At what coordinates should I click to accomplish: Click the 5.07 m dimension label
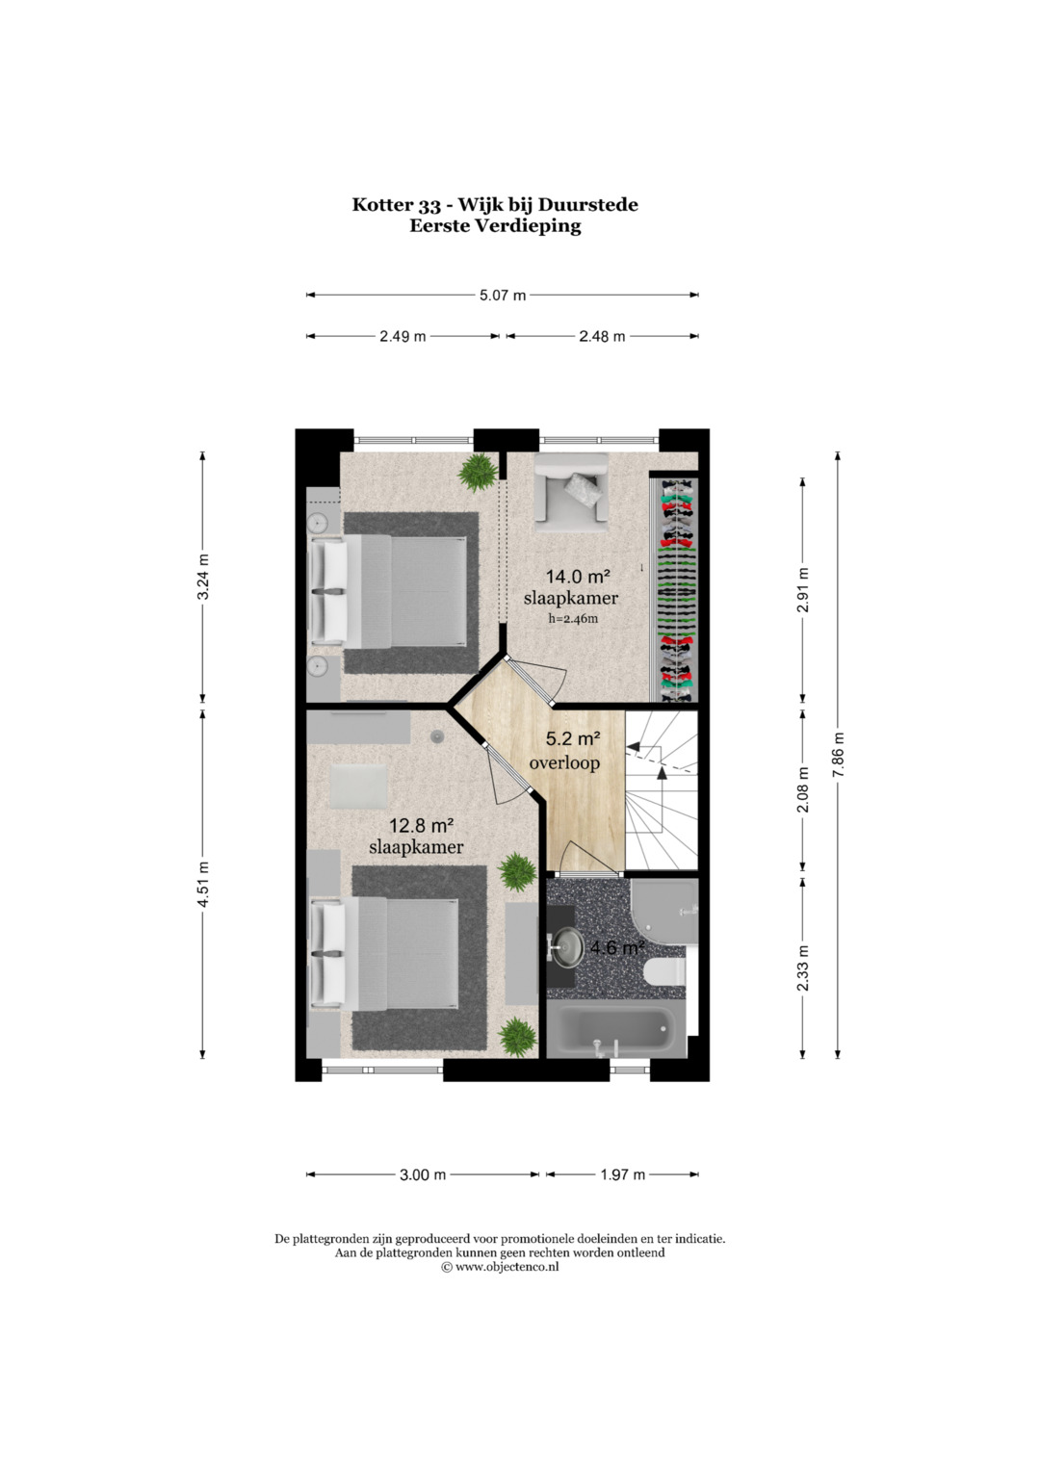pos(503,296)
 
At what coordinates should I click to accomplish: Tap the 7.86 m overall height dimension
pos(838,756)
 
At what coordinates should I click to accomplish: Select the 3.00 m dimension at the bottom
pos(423,1174)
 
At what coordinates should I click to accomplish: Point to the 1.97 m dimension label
pos(622,1174)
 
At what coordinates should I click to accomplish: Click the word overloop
pos(564,762)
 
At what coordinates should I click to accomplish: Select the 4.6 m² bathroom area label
pos(616,947)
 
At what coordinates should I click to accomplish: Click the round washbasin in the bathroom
pos(567,947)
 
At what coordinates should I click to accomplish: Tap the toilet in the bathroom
pos(664,971)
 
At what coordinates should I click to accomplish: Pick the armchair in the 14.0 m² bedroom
pos(571,492)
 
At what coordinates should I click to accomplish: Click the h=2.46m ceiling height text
pos(573,618)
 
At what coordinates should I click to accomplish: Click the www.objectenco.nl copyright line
pos(500,1267)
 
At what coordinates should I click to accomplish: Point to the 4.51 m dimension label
pos(203,884)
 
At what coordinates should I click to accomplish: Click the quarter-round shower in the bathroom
pos(664,913)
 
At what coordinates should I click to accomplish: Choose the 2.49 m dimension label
pos(403,337)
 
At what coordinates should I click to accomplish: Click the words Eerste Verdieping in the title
pos(496,226)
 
